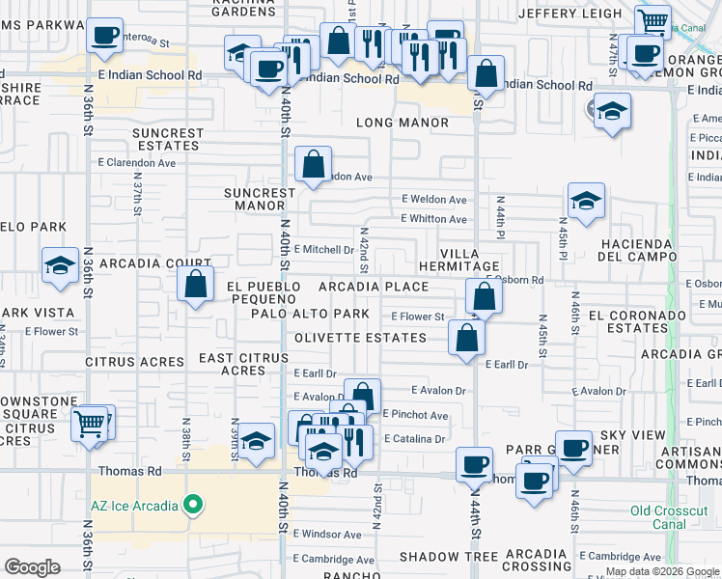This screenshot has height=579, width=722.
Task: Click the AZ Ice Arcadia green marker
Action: (x=193, y=505)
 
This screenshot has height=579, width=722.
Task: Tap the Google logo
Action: (x=32, y=567)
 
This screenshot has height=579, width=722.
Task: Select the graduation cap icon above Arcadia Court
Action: (x=60, y=265)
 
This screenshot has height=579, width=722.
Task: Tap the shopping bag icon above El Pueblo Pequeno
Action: (x=195, y=285)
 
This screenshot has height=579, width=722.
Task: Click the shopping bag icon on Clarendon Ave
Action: (x=314, y=165)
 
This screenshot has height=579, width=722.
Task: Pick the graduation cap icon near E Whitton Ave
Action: (x=586, y=202)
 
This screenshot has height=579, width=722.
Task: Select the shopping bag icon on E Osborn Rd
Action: (x=485, y=296)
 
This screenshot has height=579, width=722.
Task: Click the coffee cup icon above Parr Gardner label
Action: (x=574, y=448)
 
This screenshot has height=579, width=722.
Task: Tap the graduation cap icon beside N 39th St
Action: (x=256, y=442)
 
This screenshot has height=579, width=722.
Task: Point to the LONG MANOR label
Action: (x=403, y=123)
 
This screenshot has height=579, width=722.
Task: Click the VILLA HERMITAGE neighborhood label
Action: (x=469, y=259)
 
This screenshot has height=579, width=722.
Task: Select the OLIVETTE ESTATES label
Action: (x=360, y=338)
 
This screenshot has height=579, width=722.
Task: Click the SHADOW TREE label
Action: (x=448, y=556)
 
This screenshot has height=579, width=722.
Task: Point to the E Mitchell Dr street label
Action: (x=323, y=249)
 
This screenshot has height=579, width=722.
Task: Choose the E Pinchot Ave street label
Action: (x=415, y=415)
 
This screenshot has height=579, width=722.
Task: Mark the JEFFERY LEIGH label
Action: (x=569, y=14)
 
